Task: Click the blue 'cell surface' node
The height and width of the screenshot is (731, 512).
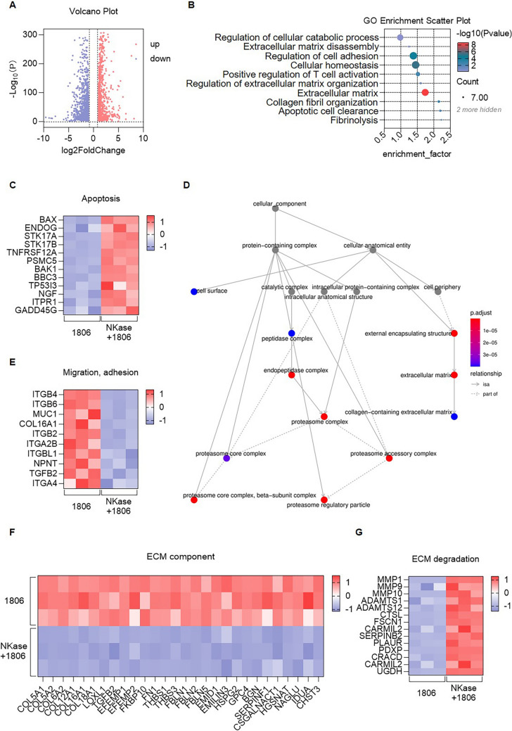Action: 193,291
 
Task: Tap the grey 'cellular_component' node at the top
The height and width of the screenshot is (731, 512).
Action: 275,209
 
